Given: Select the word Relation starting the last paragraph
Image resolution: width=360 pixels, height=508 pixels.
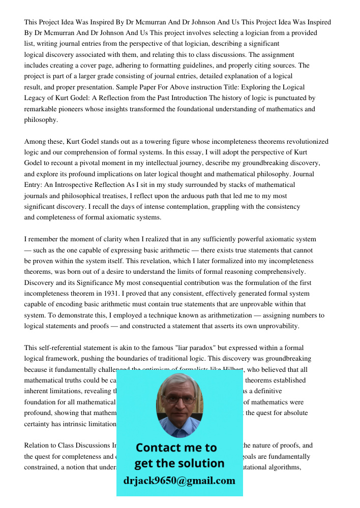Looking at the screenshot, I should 38,446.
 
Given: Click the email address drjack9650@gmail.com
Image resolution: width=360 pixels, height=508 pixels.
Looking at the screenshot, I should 179,481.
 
